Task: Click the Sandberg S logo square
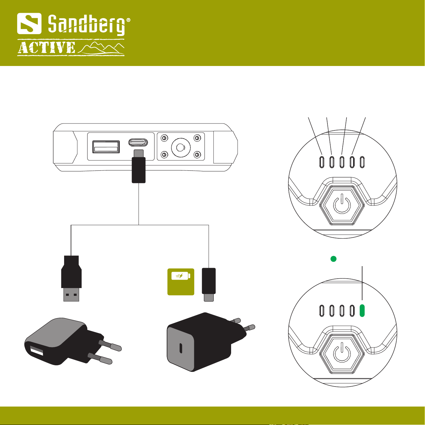pos(29,23)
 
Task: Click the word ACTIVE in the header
pos(47,48)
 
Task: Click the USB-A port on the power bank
pos(106,147)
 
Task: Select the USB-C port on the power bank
pos(138,143)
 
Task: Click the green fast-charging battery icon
pos(181,281)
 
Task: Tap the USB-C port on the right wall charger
pos(181,348)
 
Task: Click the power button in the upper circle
pos(342,204)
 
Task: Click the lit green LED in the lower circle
pos(362,310)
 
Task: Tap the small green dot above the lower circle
pos(333,259)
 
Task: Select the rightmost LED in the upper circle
pos(362,162)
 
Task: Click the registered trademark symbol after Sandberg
pos(128,21)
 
